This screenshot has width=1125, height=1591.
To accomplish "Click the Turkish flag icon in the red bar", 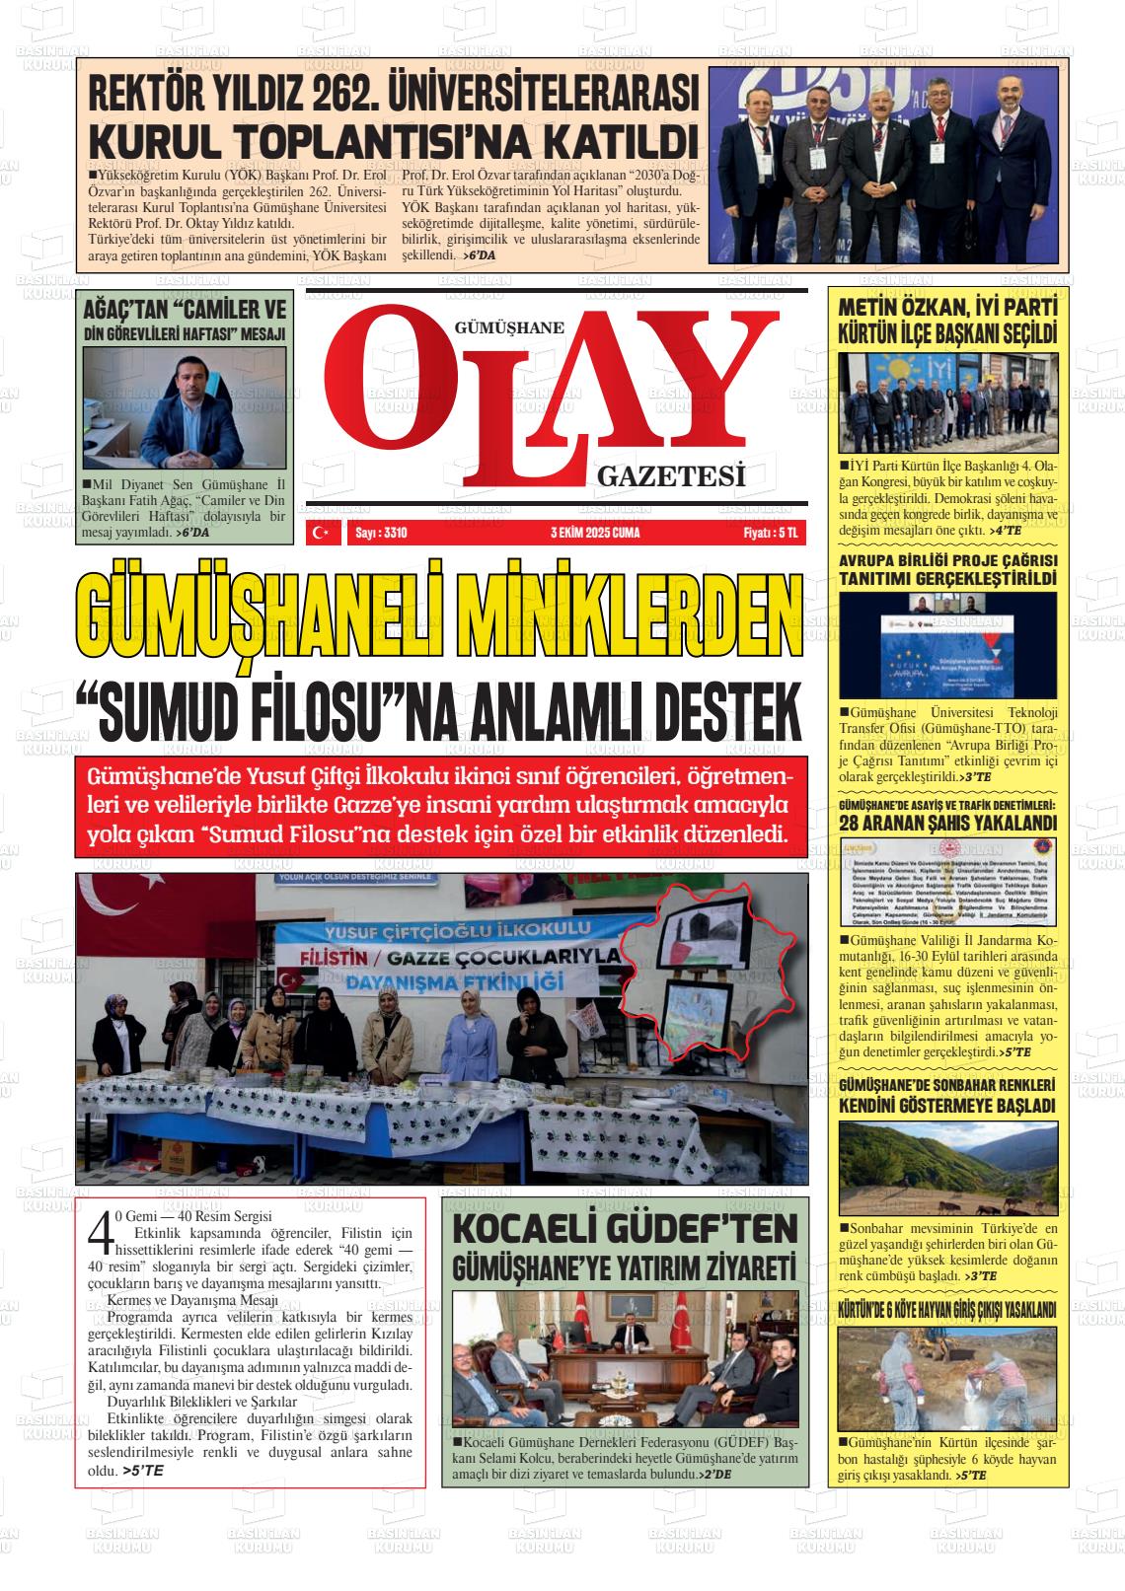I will tap(321, 533).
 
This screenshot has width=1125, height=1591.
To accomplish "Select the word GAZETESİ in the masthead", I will tap(670, 478).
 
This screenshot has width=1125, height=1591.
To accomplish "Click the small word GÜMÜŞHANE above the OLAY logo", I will tap(509, 329).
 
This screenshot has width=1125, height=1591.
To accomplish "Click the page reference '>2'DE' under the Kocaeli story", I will tap(713, 1474).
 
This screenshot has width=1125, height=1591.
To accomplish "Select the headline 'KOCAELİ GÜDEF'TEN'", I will tap(624, 1230).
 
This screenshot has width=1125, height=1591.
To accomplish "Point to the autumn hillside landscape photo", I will tap(946, 1167).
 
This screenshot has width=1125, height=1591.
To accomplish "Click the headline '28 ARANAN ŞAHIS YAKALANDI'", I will tap(946, 822).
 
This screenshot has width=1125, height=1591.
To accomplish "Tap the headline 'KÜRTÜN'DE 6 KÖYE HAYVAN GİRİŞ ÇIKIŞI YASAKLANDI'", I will tap(946, 1311).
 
